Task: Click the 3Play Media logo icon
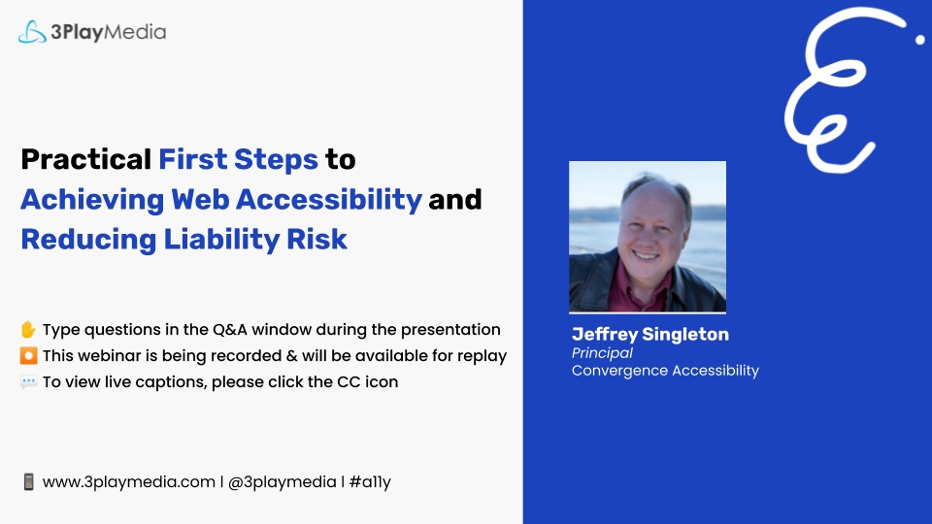coord(32,32)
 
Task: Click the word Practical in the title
coord(86,159)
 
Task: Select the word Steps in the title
coord(276,160)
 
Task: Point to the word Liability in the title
coord(221,240)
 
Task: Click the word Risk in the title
coord(316,239)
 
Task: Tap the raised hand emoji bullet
coord(28,329)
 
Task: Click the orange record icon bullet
coord(28,355)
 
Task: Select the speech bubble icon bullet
coord(28,381)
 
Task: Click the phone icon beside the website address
coord(28,482)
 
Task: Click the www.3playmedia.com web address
coord(129,482)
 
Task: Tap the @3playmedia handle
coord(283,482)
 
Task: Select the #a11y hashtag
coord(370,482)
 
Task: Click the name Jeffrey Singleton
coord(650,335)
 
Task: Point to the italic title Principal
coord(602,353)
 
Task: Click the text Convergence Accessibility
coord(665,371)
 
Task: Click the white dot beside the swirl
coord(920,40)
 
